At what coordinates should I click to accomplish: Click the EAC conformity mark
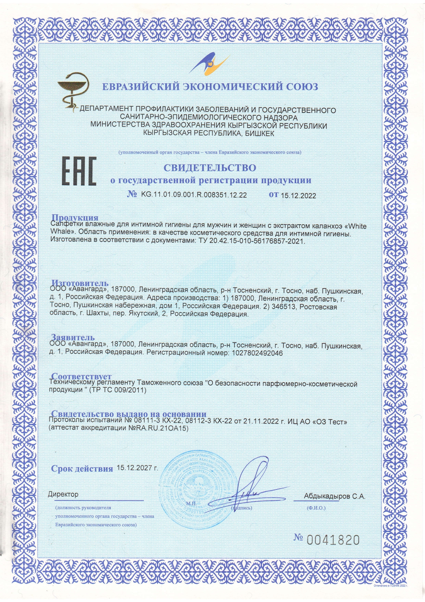(x=78, y=172)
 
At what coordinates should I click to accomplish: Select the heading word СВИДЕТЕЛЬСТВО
(x=209, y=168)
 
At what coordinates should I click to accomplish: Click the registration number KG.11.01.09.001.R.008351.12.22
(x=194, y=195)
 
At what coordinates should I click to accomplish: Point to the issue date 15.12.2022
(x=298, y=196)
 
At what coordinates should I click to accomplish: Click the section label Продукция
(x=75, y=217)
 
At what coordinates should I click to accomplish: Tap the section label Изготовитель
(x=80, y=283)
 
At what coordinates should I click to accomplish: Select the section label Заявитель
(x=73, y=337)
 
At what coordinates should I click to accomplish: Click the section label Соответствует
(x=81, y=376)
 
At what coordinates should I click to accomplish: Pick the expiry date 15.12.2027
(x=137, y=468)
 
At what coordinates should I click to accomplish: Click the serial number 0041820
(x=333, y=540)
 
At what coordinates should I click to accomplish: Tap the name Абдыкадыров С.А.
(x=335, y=496)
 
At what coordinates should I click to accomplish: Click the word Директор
(x=63, y=495)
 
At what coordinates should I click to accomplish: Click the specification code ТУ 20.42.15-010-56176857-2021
(x=251, y=241)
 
